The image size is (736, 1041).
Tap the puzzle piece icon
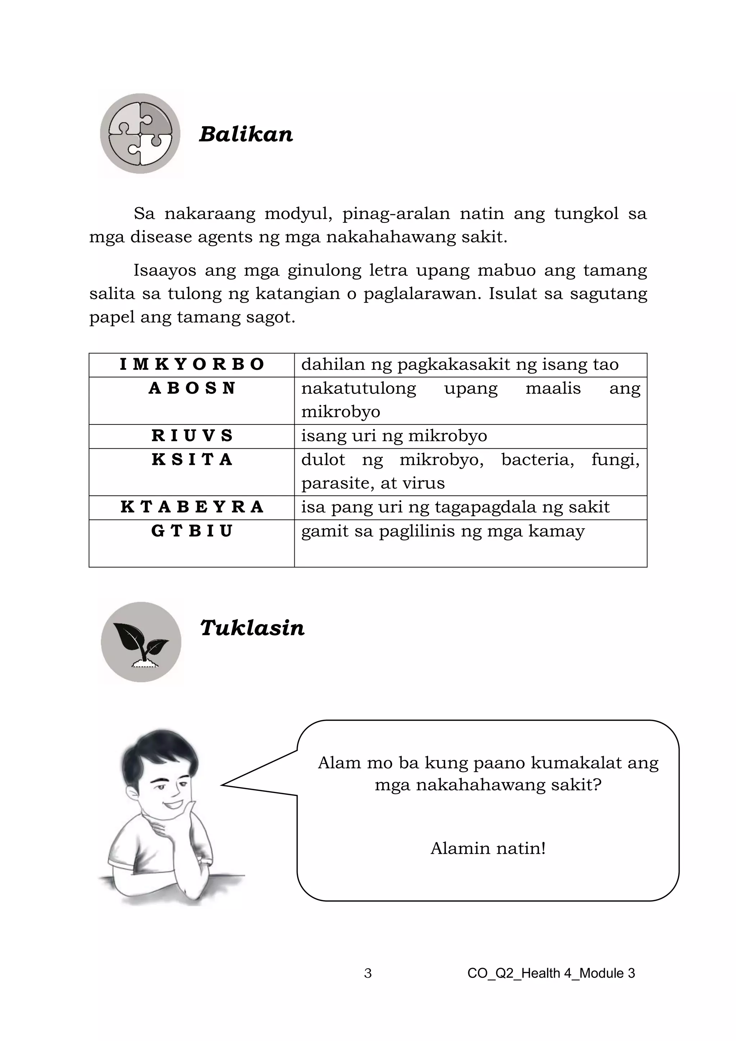pyautogui.click(x=141, y=134)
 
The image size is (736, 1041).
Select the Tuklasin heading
pyautogui.click(x=252, y=628)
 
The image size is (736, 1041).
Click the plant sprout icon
pyautogui.click(x=141, y=642)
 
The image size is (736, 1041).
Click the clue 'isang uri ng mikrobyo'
pyautogui.click(x=394, y=436)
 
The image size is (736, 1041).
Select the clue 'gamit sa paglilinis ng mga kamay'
pyautogui.click(x=443, y=531)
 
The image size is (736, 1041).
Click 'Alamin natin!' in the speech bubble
pyautogui.click(x=488, y=848)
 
